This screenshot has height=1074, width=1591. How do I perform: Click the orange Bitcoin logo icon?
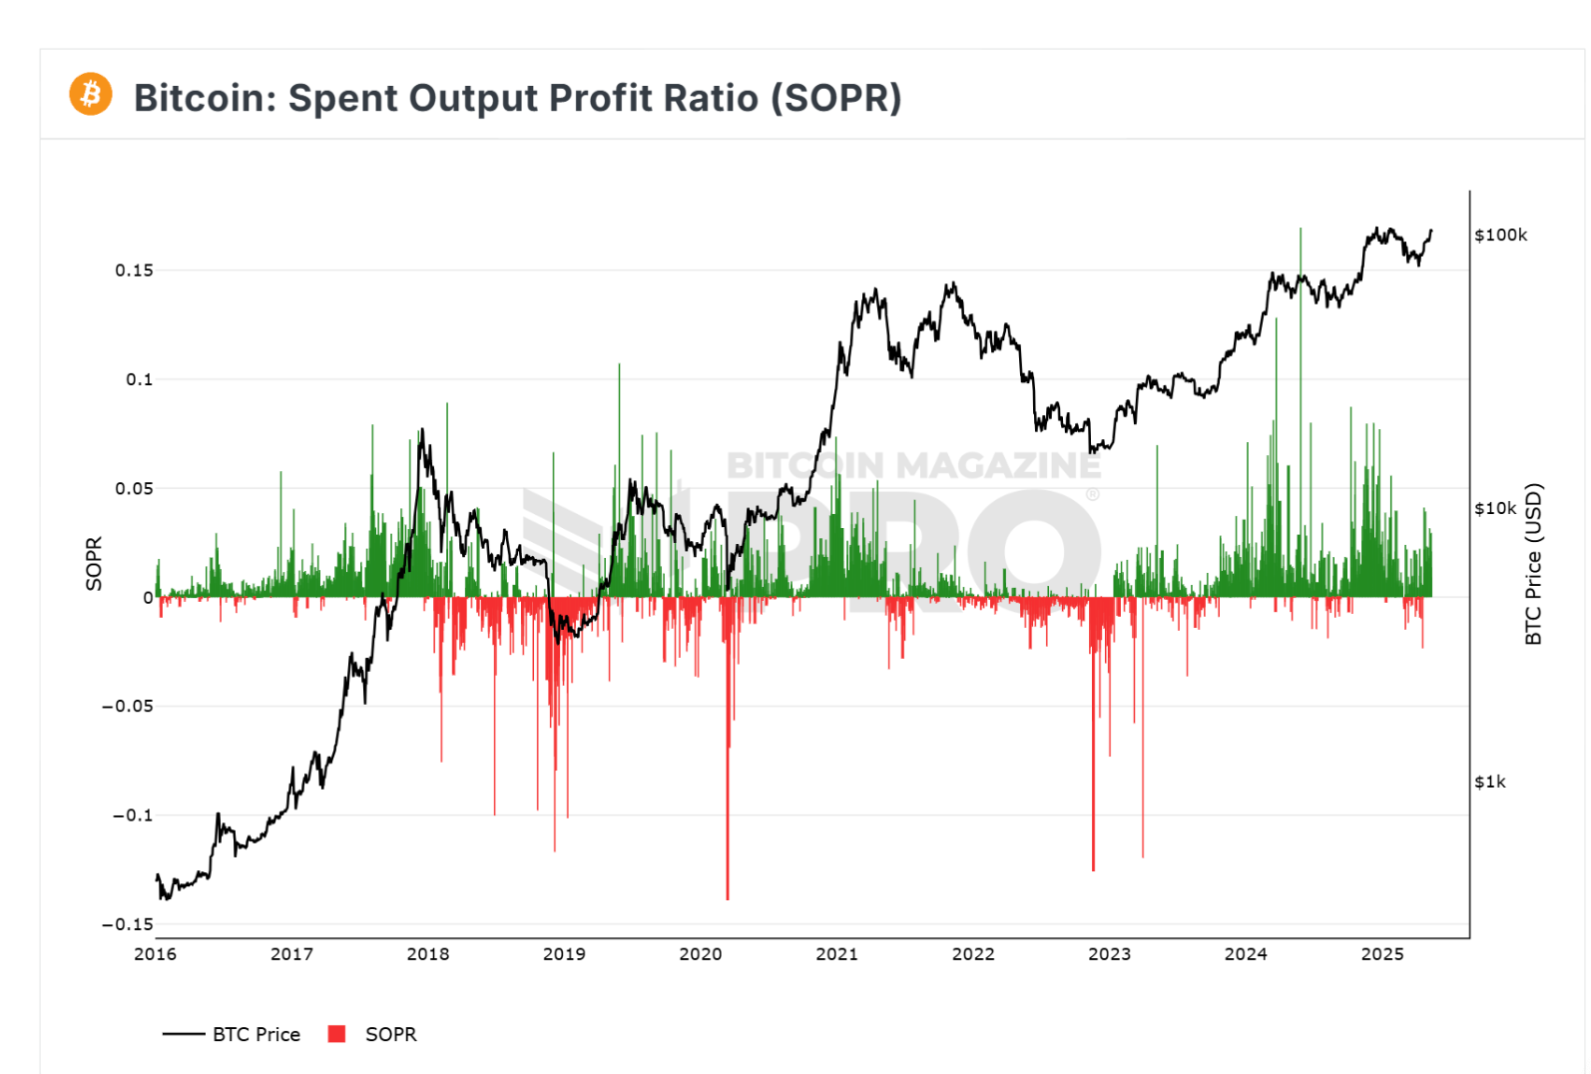point(91,95)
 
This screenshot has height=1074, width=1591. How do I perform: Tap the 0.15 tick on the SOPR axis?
point(134,270)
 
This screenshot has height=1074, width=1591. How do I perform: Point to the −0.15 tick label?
point(128,924)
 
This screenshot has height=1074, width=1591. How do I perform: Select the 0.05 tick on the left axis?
point(134,488)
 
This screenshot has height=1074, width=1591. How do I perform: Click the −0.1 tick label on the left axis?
point(133,815)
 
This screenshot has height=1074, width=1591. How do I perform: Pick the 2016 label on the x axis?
point(155,954)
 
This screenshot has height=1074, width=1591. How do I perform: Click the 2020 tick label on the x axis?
point(700,954)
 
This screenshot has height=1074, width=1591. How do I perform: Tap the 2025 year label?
point(1381,954)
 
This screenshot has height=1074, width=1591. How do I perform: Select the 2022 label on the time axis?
point(972,954)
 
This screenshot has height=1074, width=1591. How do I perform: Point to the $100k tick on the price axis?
point(1500,236)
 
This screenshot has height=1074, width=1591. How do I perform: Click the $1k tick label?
point(1490,782)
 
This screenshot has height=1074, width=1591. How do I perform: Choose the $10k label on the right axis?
point(1495,509)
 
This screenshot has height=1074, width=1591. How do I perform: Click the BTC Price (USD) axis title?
point(1534,564)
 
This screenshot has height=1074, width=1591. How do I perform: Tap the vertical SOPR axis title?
point(94,564)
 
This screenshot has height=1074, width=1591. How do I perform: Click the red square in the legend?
point(336,1034)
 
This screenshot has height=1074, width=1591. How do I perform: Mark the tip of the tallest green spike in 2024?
point(1301,229)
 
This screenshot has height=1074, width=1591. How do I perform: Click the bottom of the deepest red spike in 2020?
point(728,898)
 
